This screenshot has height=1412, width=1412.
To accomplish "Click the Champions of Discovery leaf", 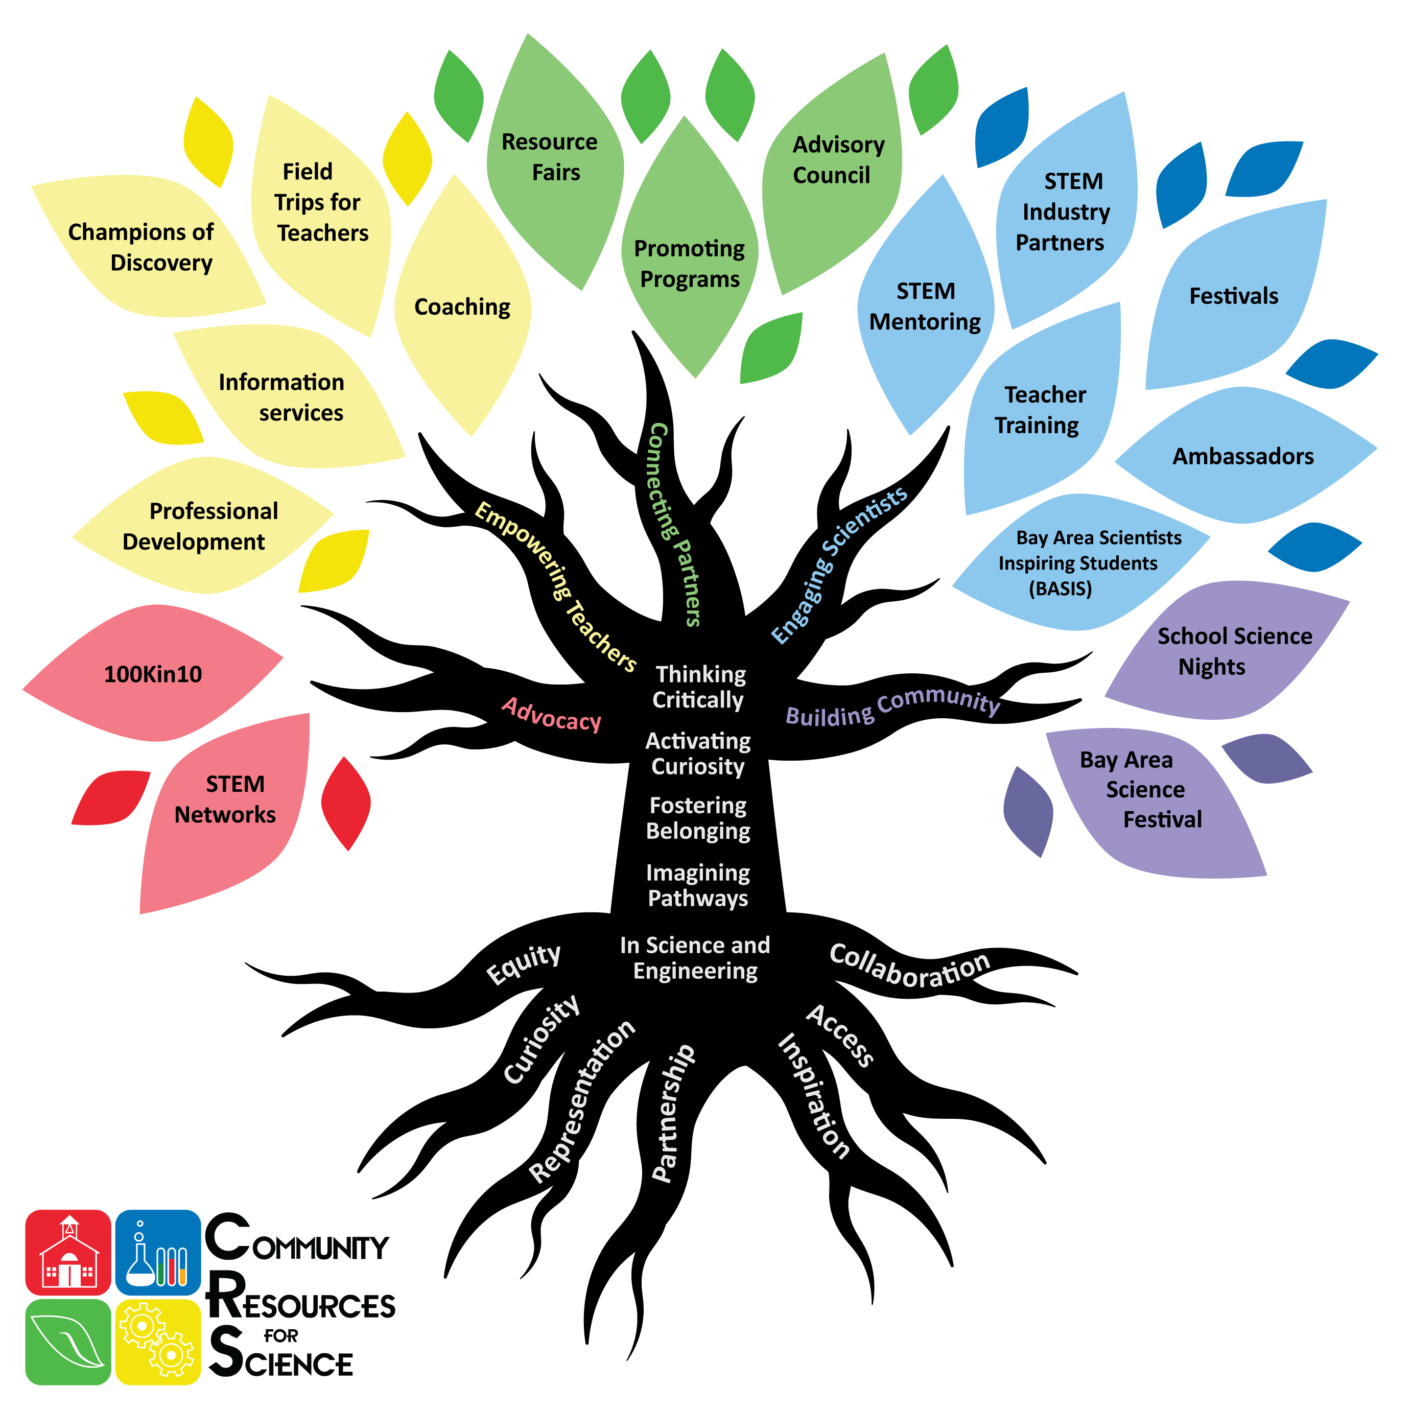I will (146, 247).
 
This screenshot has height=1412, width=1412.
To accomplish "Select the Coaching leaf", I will (462, 307).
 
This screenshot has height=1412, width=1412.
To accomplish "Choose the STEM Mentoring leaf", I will (925, 307).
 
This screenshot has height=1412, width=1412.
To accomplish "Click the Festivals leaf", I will (1234, 296).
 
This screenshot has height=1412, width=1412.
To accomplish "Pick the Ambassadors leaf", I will (1242, 456).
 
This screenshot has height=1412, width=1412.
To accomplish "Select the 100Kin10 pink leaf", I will (153, 674).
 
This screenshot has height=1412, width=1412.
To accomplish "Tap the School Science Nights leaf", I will (1228, 650).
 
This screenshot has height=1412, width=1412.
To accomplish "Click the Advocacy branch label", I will (552, 715).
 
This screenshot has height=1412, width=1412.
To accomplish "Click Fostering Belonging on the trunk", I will (698, 818).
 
